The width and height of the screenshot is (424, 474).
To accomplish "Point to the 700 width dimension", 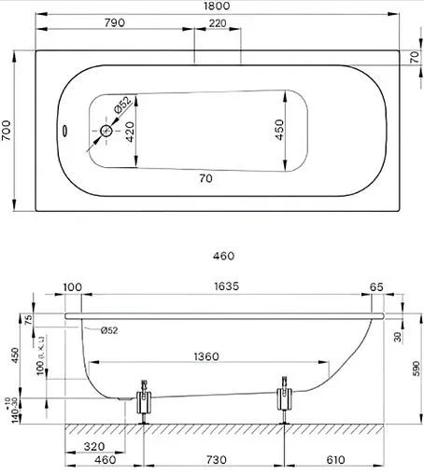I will coord(8,132).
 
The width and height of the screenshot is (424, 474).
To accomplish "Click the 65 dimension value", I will coord(376,286).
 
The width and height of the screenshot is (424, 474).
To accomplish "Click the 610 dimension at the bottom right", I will coord(336,460).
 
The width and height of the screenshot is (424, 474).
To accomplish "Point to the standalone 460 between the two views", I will coord(222,255).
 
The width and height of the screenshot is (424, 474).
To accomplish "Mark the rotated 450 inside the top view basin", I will coord(279,130).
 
